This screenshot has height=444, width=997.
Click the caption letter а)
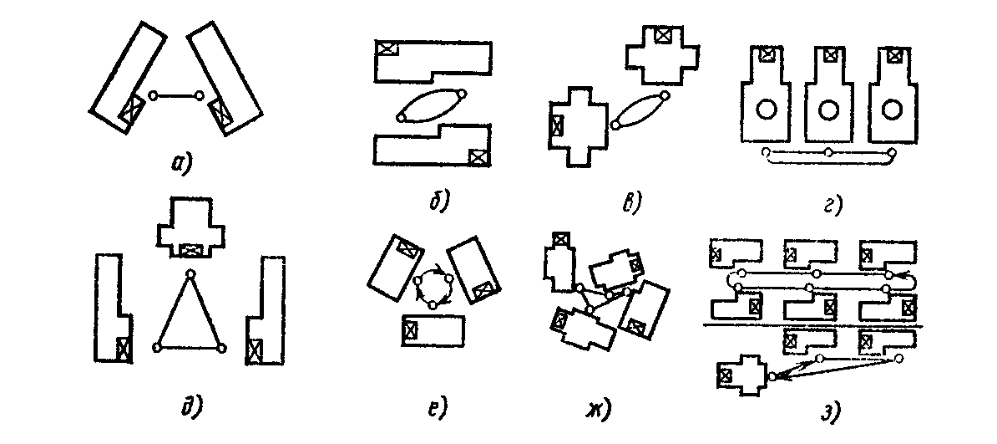[x=179, y=162]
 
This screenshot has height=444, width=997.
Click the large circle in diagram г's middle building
[x=828, y=110]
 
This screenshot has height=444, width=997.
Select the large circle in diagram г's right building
[x=892, y=110]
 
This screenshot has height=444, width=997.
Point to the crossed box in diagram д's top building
[x=192, y=250]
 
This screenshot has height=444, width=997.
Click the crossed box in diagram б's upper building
[x=387, y=48]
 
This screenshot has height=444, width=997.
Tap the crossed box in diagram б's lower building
[x=478, y=156]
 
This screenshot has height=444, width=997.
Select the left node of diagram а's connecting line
[x=152, y=96]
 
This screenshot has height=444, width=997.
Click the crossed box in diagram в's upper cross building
[x=663, y=35]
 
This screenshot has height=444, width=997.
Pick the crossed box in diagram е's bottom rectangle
[x=410, y=329]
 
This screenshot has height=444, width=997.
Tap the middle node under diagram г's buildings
[x=827, y=152]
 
